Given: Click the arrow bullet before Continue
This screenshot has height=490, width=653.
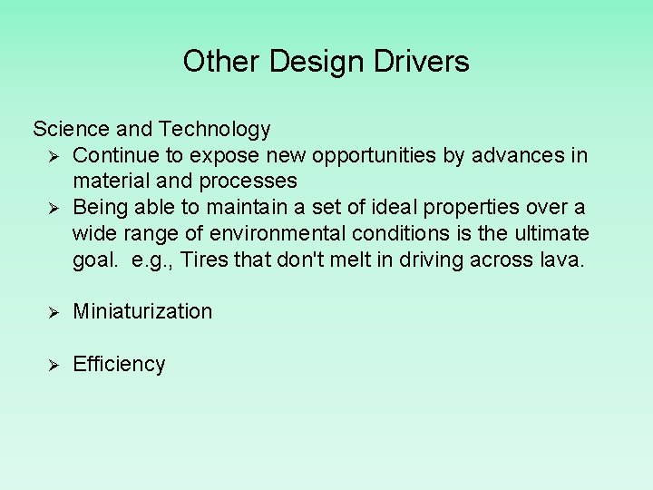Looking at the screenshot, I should coord(54,156).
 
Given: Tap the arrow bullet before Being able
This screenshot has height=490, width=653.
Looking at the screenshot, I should coord(54,208).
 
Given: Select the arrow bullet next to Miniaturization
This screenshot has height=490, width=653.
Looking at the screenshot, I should coord(54,312).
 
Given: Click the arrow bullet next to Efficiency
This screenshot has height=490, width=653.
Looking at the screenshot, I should coord(54,365).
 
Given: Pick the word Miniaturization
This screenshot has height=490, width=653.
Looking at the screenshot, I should coord(142,311).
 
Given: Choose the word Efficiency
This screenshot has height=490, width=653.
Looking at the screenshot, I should coord(119,364).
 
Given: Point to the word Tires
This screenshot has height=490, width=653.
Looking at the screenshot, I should coord(204,260).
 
